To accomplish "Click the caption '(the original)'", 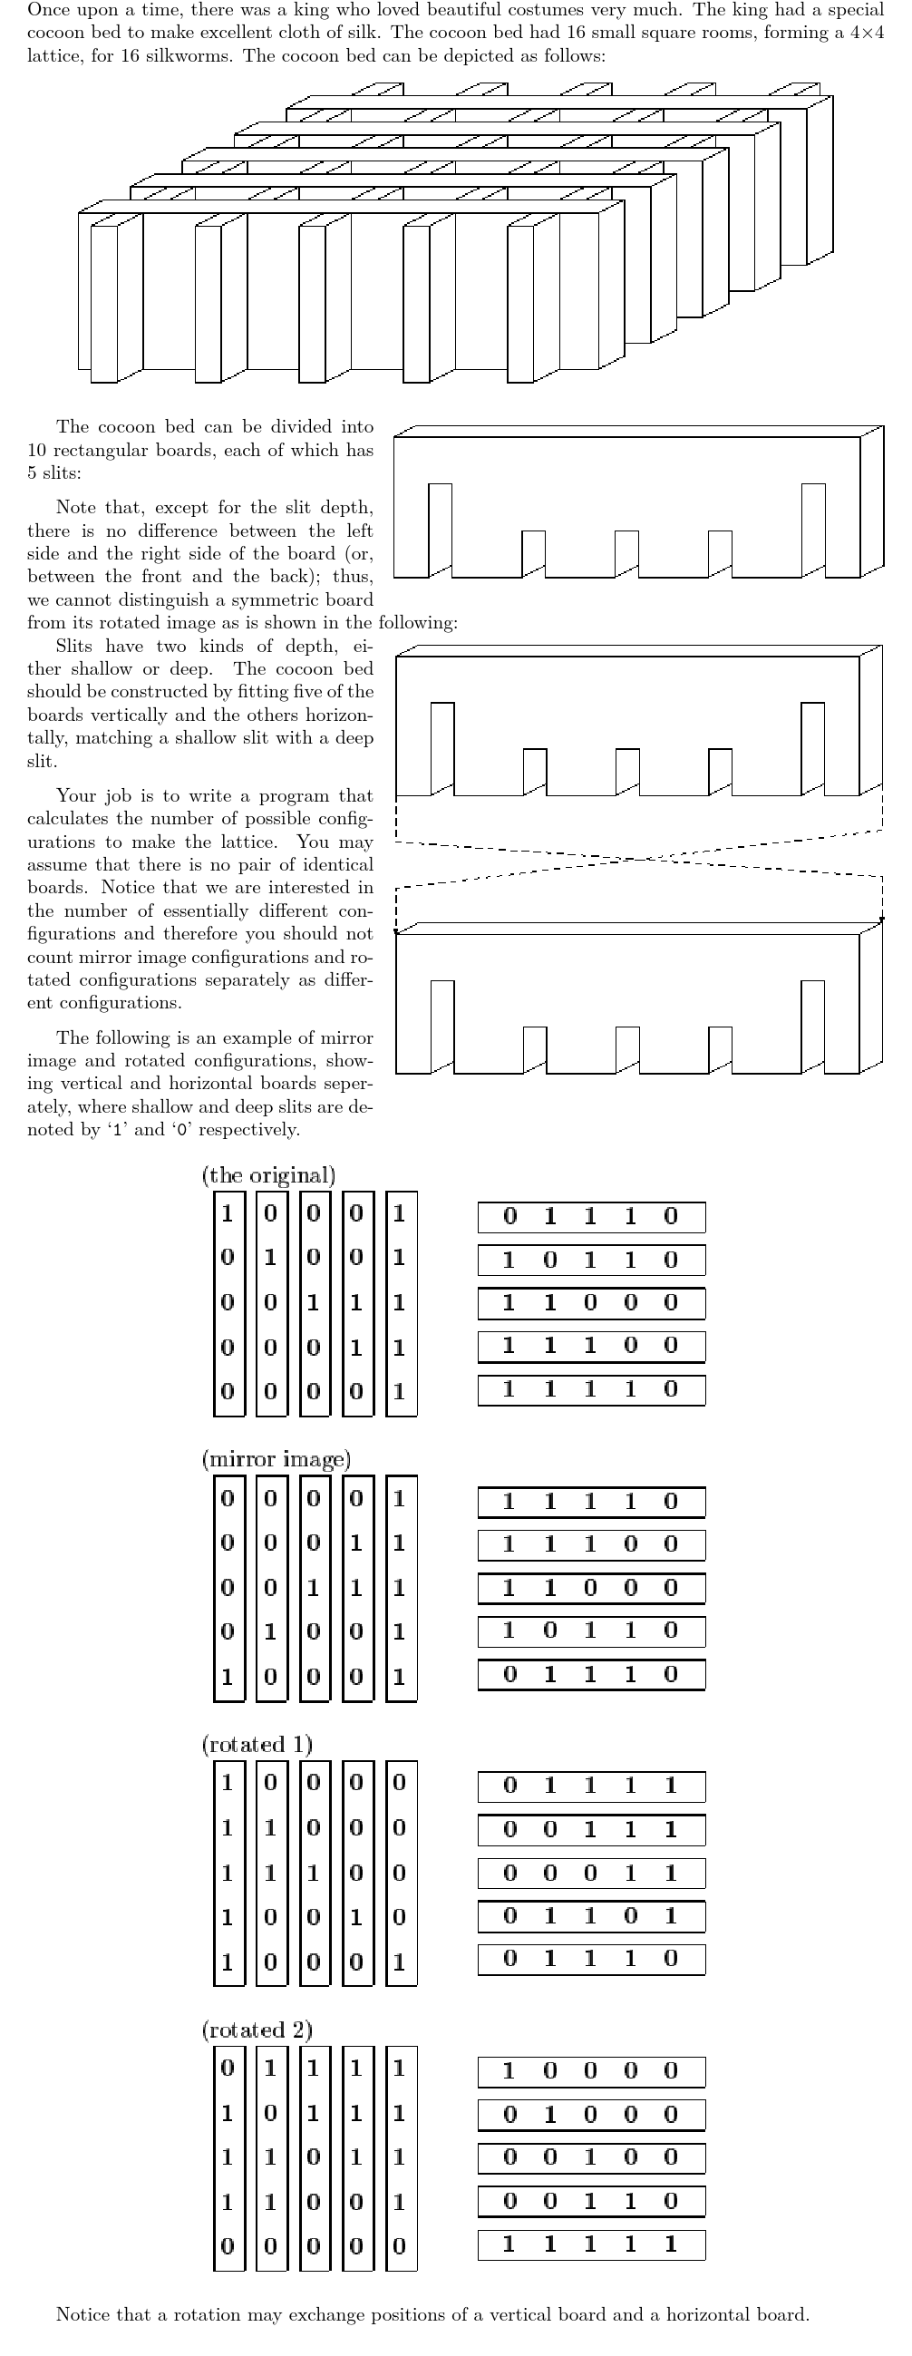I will (268, 1175).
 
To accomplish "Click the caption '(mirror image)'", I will (276, 1459).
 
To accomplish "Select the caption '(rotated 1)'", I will (257, 1744).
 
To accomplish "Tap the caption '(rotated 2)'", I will (257, 2030).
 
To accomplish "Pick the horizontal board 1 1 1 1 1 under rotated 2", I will (591, 2244).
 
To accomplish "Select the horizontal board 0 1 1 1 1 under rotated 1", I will (591, 1786).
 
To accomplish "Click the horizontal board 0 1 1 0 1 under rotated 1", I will (591, 1916).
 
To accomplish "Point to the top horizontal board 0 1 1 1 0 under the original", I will (591, 1216).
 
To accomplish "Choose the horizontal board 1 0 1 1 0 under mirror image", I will (591, 1631).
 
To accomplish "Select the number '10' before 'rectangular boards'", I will (37, 450).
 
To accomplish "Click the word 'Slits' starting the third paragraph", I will (74, 646).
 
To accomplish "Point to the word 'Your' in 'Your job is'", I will (76, 795).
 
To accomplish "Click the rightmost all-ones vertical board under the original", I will (401, 1303).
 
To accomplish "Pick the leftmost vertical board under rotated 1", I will (228, 1872).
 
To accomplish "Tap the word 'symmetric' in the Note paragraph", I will (298, 600).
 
